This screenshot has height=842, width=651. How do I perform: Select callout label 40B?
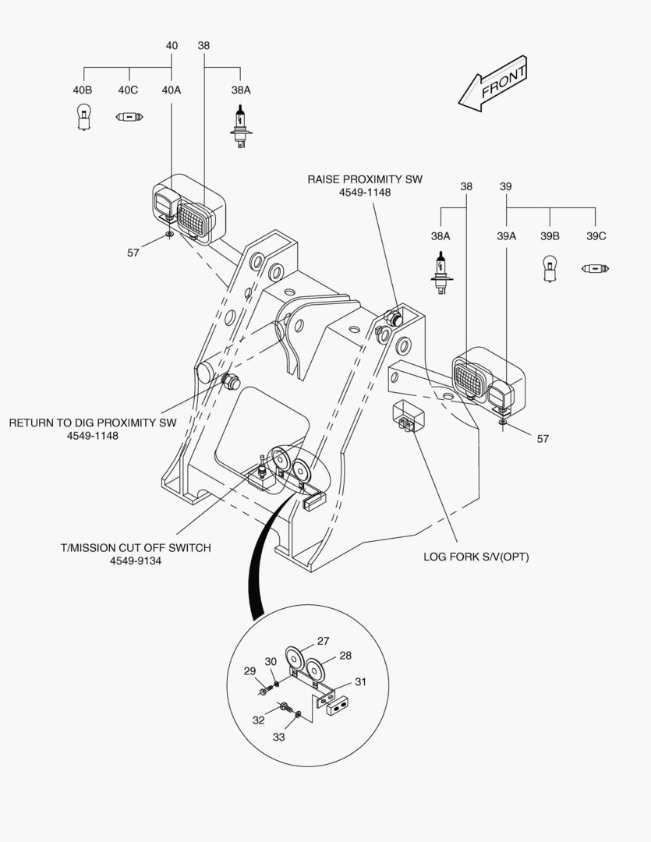83,90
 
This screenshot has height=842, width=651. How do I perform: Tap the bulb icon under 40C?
129,117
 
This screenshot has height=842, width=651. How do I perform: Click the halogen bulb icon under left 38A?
240,125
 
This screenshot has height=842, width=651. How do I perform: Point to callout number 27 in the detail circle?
324,641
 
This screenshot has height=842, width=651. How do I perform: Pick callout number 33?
279,736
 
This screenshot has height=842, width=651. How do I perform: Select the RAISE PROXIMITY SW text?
365,179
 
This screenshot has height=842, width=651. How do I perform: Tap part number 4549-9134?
136,561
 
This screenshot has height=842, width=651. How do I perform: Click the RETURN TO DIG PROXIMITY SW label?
93,423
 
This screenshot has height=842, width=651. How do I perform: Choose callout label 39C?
596,235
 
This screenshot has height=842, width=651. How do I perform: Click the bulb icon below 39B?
549,269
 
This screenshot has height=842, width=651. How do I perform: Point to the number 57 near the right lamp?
543,439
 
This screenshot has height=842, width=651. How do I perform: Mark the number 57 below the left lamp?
133,252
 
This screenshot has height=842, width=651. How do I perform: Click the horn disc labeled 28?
315,669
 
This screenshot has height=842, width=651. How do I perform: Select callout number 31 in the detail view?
360,681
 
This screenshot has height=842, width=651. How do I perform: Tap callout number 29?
249,670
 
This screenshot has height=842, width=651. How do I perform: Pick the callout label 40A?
172,90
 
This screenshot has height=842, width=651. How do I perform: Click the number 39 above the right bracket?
505,186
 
